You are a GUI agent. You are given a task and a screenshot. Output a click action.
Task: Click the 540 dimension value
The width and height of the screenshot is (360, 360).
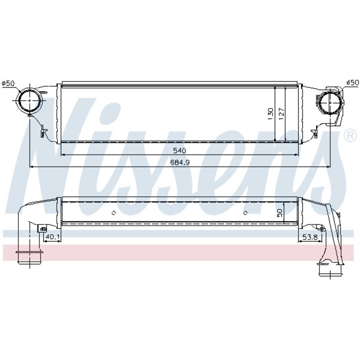179,150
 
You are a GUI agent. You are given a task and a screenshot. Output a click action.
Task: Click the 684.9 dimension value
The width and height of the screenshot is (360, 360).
179,162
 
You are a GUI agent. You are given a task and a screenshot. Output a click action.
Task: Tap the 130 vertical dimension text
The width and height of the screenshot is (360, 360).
270,113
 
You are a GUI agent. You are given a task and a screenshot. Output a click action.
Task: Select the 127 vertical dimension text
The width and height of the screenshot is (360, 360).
281,113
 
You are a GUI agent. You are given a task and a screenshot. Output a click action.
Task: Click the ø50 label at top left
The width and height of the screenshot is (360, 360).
8,83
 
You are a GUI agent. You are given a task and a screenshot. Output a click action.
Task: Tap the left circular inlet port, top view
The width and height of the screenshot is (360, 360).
28,101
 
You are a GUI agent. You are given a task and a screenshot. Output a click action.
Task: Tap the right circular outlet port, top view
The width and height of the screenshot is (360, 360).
329,103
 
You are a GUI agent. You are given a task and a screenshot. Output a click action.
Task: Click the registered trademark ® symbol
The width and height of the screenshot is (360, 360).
350,135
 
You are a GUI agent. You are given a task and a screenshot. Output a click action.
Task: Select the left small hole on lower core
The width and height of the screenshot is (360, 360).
114,213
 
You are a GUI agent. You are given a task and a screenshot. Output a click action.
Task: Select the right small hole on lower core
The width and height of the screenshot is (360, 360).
244,213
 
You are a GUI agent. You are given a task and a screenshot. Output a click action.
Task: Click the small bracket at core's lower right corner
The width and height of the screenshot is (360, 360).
314,133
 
